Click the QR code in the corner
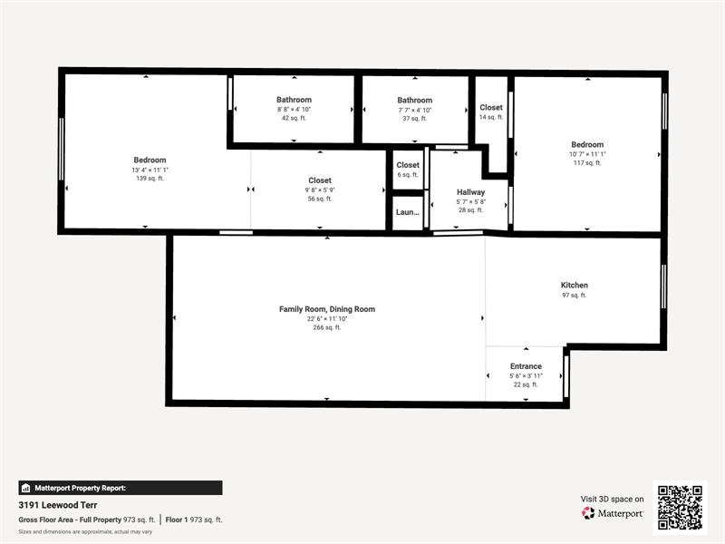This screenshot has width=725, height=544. tap(680, 508)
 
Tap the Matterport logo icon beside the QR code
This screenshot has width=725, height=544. tap(589, 513)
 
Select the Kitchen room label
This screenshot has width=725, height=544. tap(574, 285)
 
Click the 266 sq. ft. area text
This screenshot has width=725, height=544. tap(326, 327)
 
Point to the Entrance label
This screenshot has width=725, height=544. tap(526, 366)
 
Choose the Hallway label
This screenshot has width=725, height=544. tap(471, 192)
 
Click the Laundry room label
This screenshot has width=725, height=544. tap(408, 212)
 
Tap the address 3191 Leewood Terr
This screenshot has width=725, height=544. tap(58, 505)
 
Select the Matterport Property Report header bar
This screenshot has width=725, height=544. tap(120, 488)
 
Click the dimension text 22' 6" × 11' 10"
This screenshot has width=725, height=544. tap(326, 318)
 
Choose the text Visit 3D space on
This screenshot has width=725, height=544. tap(613, 499)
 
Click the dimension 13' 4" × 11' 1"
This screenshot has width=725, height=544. tap(150, 170)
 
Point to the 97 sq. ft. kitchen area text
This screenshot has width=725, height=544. tap(574, 295)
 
